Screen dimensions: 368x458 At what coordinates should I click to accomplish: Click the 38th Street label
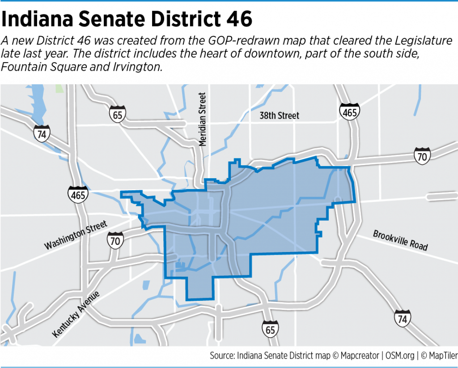(x=280, y=116)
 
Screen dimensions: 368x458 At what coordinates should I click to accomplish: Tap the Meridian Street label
(x=203, y=119)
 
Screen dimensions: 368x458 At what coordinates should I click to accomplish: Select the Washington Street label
(x=76, y=236)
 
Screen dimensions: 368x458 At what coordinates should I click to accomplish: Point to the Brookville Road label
(x=401, y=240)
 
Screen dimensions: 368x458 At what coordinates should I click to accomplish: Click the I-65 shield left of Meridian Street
(x=117, y=114)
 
